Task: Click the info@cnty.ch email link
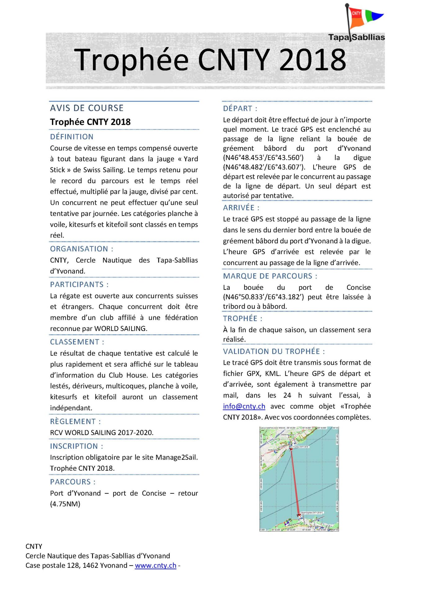(244, 406)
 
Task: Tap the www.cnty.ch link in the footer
(155, 566)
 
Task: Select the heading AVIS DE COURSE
(87, 108)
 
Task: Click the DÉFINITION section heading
(72, 137)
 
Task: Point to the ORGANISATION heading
(82, 249)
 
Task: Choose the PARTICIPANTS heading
(79, 284)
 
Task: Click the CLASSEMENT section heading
(77, 342)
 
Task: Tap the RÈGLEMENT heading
(75, 421)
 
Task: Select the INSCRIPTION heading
(76, 446)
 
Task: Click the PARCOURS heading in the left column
(73, 482)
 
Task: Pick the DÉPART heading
(240, 108)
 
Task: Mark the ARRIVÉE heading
(241, 208)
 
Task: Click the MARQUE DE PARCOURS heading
(270, 276)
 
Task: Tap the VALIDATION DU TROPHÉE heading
(274, 351)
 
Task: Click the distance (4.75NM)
(65, 504)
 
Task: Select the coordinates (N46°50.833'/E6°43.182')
(263, 297)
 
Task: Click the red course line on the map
(295, 483)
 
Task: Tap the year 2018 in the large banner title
(312, 59)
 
